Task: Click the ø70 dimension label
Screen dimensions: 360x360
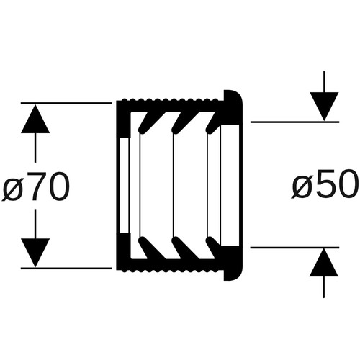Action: pyautogui.click(x=35, y=186)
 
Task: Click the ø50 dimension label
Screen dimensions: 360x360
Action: pyautogui.click(x=325, y=184)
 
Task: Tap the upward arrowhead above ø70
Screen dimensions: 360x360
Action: pyautogui.click(x=35, y=119)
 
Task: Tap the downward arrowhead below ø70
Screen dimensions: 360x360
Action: pyautogui.click(x=35, y=253)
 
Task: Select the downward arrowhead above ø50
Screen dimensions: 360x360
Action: pyautogui.click(x=324, y=107)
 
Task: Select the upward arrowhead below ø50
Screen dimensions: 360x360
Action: pyautogui.click(x=324, y=262)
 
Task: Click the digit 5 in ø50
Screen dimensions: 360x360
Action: pyautogui.click(x=323, y=184)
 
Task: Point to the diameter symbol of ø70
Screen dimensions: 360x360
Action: pyautogui.click(x=12, y=190)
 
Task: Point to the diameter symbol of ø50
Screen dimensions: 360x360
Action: pyautogui.click(x=302, y=187)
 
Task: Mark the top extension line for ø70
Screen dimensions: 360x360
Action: pyautogui.click(x=66, y=103)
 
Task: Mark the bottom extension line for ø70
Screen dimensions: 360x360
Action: pyautogui.click(x=66, y=268)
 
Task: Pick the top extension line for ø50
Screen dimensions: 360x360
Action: pyautogui.click(x=294, y=122)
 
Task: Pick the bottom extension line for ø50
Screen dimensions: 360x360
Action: pyautogui.click(x=294, y=247)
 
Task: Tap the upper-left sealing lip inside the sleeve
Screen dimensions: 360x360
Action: pyautogui.click(x=147, y=122)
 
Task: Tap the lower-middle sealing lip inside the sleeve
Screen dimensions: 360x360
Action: pyautogui.click(x=182, y=248)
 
